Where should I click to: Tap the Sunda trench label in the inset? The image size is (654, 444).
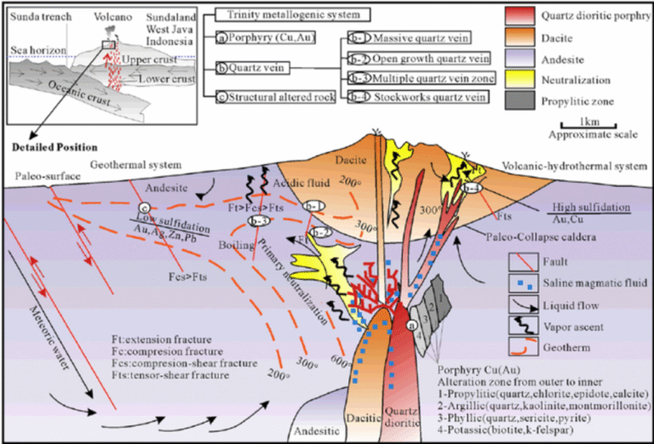33,15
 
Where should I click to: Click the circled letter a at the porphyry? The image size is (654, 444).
413,323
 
